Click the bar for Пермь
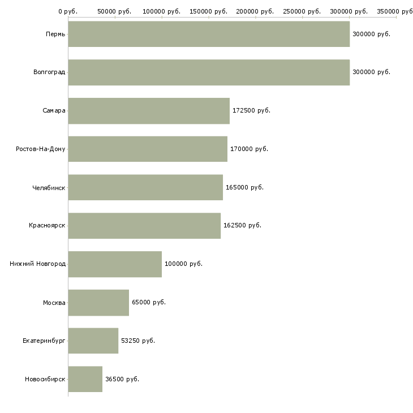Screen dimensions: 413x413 209,34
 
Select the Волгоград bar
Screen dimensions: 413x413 209,72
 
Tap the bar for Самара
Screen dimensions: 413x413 149,111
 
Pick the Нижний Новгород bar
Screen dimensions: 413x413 115,264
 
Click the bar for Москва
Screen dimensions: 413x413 98,303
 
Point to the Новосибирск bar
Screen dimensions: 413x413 85,379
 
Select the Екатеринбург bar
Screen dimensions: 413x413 93,341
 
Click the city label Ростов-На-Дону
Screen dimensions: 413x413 41,149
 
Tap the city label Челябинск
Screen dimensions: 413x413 49,188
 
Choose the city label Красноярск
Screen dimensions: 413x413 47,226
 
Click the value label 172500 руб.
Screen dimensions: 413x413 251,111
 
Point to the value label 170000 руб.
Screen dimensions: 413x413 249,149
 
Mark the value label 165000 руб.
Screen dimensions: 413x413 245,187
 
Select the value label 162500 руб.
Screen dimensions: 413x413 242,226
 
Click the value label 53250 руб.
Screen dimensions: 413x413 138,341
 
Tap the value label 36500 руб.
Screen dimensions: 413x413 122,379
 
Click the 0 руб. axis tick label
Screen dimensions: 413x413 68,11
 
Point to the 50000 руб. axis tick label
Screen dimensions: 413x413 114,11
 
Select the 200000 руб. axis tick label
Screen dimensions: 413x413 255,11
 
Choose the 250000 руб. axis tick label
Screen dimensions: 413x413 302,11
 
